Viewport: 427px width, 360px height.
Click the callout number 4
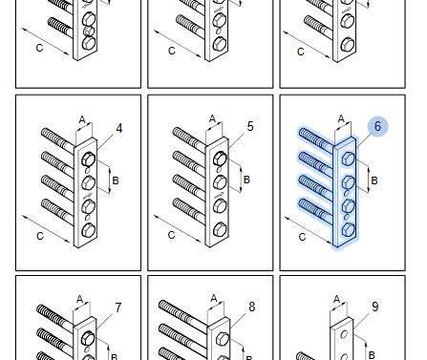118,129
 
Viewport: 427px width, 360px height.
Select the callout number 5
250,126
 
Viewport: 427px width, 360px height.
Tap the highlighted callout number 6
377,126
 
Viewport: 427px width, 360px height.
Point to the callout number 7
118,307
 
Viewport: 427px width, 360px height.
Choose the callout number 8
251,307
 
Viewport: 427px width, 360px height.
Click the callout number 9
375,307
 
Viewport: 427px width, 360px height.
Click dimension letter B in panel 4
116,180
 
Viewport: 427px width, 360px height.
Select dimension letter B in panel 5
246,180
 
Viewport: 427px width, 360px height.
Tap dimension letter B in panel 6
374,180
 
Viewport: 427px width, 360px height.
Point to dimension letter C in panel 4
40,236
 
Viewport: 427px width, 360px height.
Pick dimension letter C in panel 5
171,235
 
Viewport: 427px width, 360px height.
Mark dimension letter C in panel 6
302,237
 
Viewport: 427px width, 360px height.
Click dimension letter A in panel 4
82,120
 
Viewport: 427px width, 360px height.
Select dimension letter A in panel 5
213,119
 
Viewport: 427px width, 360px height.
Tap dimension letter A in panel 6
341,119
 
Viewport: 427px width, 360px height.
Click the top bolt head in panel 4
88,159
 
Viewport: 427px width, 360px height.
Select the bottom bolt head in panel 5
220,229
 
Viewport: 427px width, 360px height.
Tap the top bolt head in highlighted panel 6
348,159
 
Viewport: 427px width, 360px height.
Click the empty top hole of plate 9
344,335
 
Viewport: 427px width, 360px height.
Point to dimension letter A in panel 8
214,299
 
